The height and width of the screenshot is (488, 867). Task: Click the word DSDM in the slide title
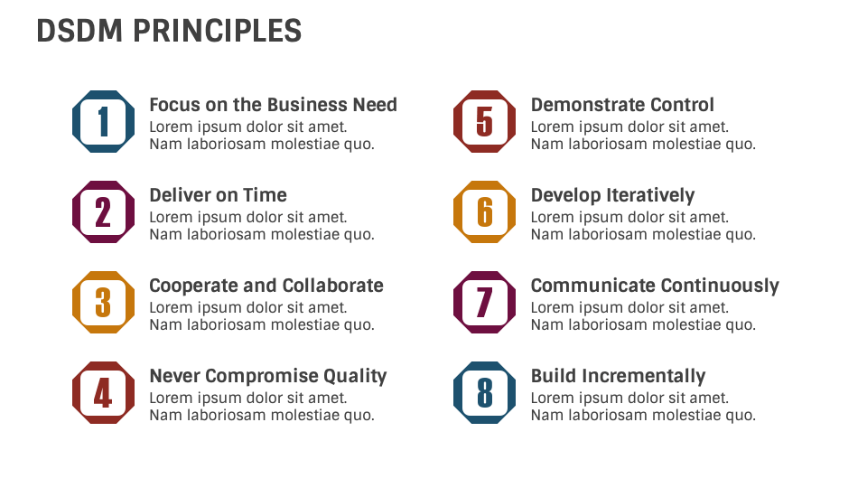79,31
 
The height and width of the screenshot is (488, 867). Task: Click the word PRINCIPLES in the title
218,31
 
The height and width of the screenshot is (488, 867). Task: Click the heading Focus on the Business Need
273,105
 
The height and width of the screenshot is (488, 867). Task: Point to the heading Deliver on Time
218,195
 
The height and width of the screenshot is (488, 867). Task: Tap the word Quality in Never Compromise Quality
355,377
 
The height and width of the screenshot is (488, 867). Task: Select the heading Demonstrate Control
622,105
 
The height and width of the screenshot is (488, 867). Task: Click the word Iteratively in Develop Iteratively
650,196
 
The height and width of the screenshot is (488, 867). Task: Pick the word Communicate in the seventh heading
592,286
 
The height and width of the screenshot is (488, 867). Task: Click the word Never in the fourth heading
174,376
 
